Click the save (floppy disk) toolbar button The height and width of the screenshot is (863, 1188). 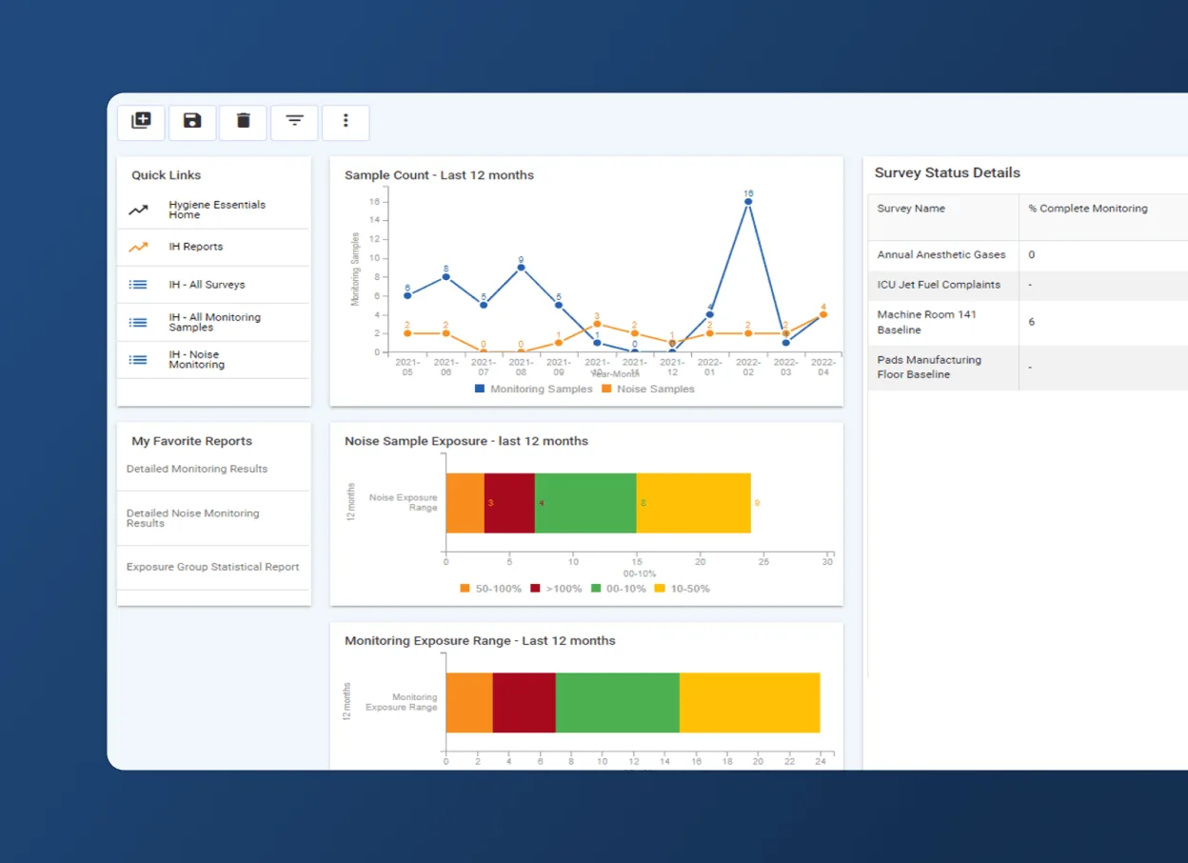192,121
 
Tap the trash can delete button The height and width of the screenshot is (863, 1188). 243,121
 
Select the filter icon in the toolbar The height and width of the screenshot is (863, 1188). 294,121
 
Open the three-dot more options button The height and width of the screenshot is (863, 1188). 346,121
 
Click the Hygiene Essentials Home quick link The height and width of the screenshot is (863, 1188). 216,210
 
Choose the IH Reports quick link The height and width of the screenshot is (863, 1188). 195,247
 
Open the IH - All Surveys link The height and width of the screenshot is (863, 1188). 207,285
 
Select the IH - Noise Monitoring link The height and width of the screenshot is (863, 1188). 196,360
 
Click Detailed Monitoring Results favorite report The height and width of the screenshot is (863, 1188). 197,469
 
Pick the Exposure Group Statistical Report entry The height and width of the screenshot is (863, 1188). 212,567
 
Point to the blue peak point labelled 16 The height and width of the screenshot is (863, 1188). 748,201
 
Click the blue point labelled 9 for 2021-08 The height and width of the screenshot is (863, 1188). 521,268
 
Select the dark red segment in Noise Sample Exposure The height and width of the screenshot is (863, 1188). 509,503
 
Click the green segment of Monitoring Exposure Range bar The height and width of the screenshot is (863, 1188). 617,703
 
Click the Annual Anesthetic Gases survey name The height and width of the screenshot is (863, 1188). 940,255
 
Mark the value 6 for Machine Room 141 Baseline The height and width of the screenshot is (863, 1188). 1032,323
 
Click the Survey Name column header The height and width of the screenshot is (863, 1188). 911,209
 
